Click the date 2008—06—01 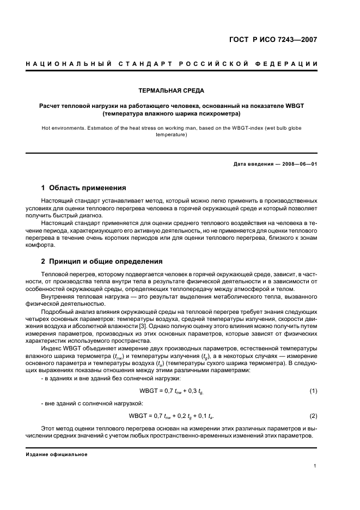tap(300, 164)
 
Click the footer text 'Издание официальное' tap(56, 454)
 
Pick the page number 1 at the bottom tap(315, 466)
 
